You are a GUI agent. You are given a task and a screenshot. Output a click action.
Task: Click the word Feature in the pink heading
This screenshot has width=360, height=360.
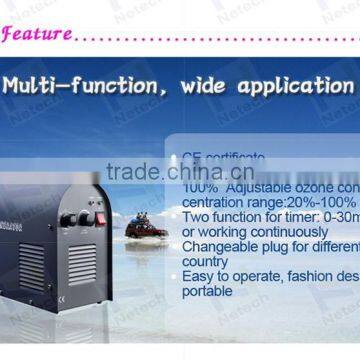[37, 34]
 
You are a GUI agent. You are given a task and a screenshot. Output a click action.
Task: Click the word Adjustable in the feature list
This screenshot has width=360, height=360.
[254, 187]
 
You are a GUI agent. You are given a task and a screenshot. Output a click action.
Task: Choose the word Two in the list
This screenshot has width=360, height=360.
[198, 217]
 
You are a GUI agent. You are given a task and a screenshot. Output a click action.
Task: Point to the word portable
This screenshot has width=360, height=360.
[208, 292]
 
